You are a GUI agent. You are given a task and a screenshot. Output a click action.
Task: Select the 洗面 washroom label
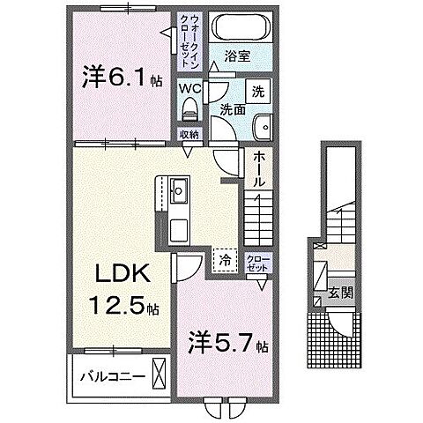233,110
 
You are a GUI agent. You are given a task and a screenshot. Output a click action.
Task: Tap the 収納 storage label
189,134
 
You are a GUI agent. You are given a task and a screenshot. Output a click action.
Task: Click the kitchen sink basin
179,189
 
